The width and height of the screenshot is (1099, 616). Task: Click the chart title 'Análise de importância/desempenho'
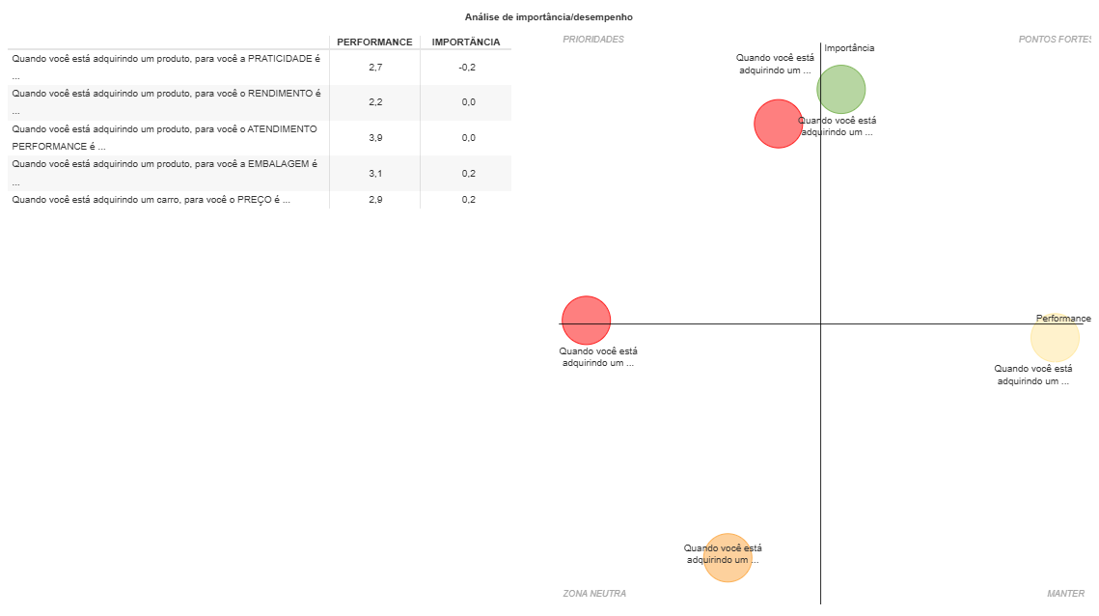coord(548,17)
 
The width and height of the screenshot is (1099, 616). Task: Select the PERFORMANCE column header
coord(374,42)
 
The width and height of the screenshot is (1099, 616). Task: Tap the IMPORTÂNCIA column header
coord(466,42)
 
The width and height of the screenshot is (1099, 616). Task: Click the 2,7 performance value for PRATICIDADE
coord(375,68)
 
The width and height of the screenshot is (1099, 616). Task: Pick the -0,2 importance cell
coord(467,68)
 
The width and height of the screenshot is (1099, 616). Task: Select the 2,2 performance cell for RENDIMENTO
coord(375,102)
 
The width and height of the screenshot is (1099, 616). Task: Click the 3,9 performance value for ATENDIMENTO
coord(375,138)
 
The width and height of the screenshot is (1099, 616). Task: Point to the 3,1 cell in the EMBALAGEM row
coord(375,173)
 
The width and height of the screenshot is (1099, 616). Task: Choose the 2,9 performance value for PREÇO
coord(375,200)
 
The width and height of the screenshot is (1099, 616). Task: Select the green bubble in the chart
coord(841,89)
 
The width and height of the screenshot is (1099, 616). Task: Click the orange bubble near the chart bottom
coord(728,558)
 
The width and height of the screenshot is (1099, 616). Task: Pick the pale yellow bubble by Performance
coord(1055,338)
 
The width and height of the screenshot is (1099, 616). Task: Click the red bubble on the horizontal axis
coord(587,321)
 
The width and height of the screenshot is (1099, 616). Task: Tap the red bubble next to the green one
coord(778,124)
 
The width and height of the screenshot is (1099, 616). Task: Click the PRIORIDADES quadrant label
coord(593,40)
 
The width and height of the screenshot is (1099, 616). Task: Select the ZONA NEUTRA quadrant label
coord(594,594)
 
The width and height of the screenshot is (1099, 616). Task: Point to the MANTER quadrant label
coord(1065,594)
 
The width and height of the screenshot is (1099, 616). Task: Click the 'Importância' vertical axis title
coord(849,48)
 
